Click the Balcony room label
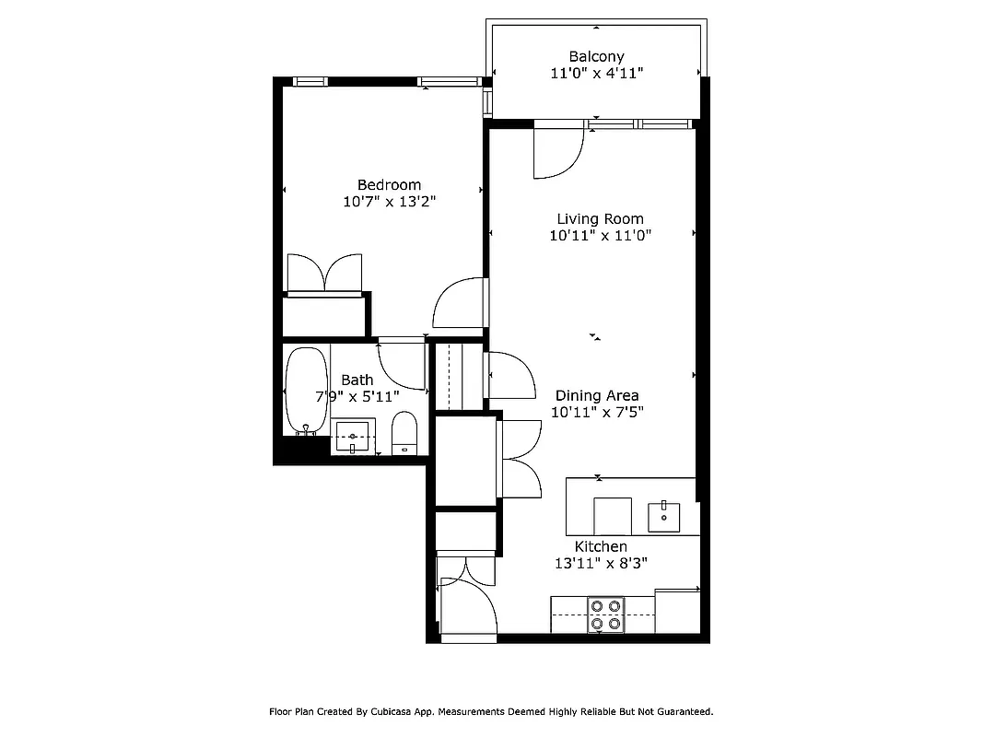(596, 56)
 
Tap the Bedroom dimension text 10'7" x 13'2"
(390, 202)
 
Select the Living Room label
(600, 219)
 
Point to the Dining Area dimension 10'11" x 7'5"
(598, 413)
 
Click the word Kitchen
(601, 546)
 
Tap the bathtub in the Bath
(307, 391)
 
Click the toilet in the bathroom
(404, 433)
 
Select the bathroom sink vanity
(352, 436)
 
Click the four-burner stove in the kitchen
(605, 614)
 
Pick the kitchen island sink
(664, 517)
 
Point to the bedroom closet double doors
(324, 274)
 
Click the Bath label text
(357, 380)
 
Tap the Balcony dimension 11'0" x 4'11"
(597, 74)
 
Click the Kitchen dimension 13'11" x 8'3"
(601, 564)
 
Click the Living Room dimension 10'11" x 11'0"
(601, 236)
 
